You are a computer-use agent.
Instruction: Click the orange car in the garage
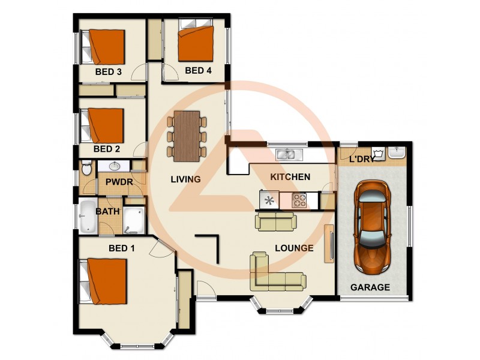(x=372, y=225)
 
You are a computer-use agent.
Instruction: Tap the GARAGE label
(x=370, y=287)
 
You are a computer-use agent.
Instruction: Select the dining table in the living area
(x=187, y=136)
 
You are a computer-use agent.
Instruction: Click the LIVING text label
(x=185, y=179)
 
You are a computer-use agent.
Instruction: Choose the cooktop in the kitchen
(x=299, y=200)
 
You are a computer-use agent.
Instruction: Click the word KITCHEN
(x=290, y=176)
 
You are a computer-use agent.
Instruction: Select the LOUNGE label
(x=295, y=247)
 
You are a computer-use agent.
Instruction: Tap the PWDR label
(x=118, y=182)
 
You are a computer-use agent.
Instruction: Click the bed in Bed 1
(x=106, y=281)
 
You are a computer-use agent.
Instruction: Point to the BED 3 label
(x=109, y=71)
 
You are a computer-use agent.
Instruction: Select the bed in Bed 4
(x=196, y=40)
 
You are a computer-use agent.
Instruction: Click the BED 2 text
(x=108, y=149)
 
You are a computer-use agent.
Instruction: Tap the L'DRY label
(x=362, y=159)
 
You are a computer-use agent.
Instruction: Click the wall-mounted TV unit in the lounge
(x=329, y=242)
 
